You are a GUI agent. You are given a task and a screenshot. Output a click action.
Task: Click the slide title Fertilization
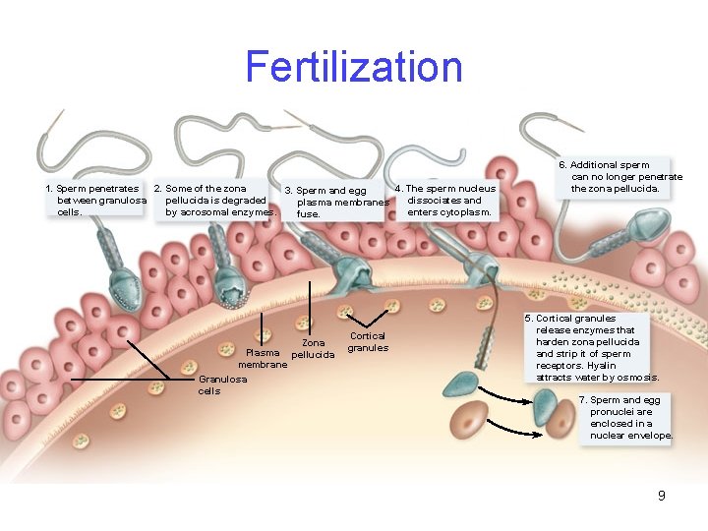point(354,67)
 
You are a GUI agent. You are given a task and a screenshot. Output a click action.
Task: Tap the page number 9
point(662,496)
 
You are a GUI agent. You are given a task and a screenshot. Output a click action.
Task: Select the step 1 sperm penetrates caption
point(96,200)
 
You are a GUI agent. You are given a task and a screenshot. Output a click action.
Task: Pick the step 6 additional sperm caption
point(619,176)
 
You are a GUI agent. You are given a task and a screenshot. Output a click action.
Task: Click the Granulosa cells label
point(223,384)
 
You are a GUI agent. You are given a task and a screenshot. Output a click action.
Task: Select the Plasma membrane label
point(263,358)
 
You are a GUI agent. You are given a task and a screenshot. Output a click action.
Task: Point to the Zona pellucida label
point(313,348)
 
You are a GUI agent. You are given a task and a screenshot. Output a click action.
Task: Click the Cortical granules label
point(368,341)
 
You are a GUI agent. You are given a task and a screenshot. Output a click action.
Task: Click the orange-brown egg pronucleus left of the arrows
point(470,417)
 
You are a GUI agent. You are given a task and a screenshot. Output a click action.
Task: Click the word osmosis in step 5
point(639,378)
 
